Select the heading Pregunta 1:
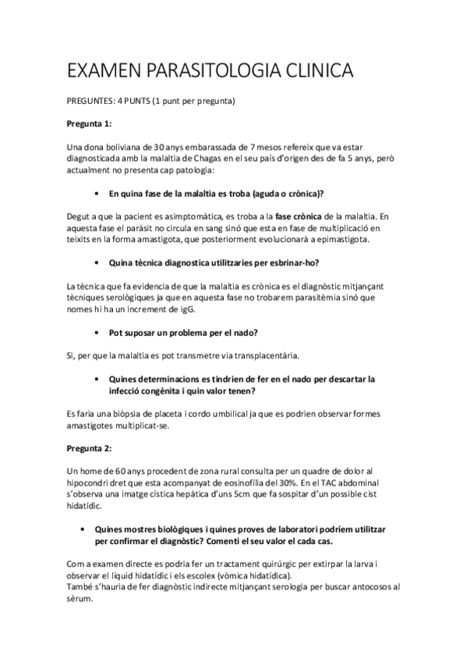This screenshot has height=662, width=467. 90,124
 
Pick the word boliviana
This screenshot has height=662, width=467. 118,147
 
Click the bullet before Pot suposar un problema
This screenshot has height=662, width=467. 94,333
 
